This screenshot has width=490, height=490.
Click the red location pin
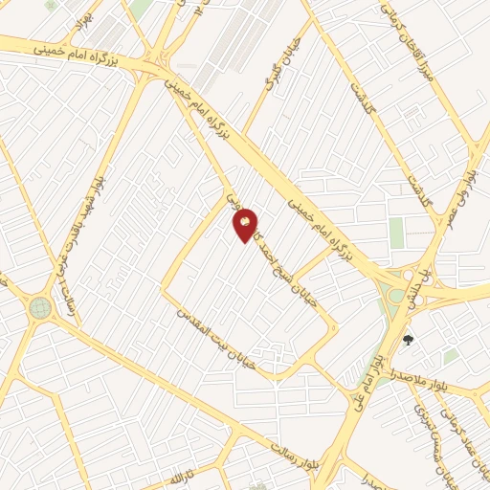tap(245, 224)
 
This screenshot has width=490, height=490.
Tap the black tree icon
tap(409, 339)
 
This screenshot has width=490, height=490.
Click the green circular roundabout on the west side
tap(39, 307)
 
